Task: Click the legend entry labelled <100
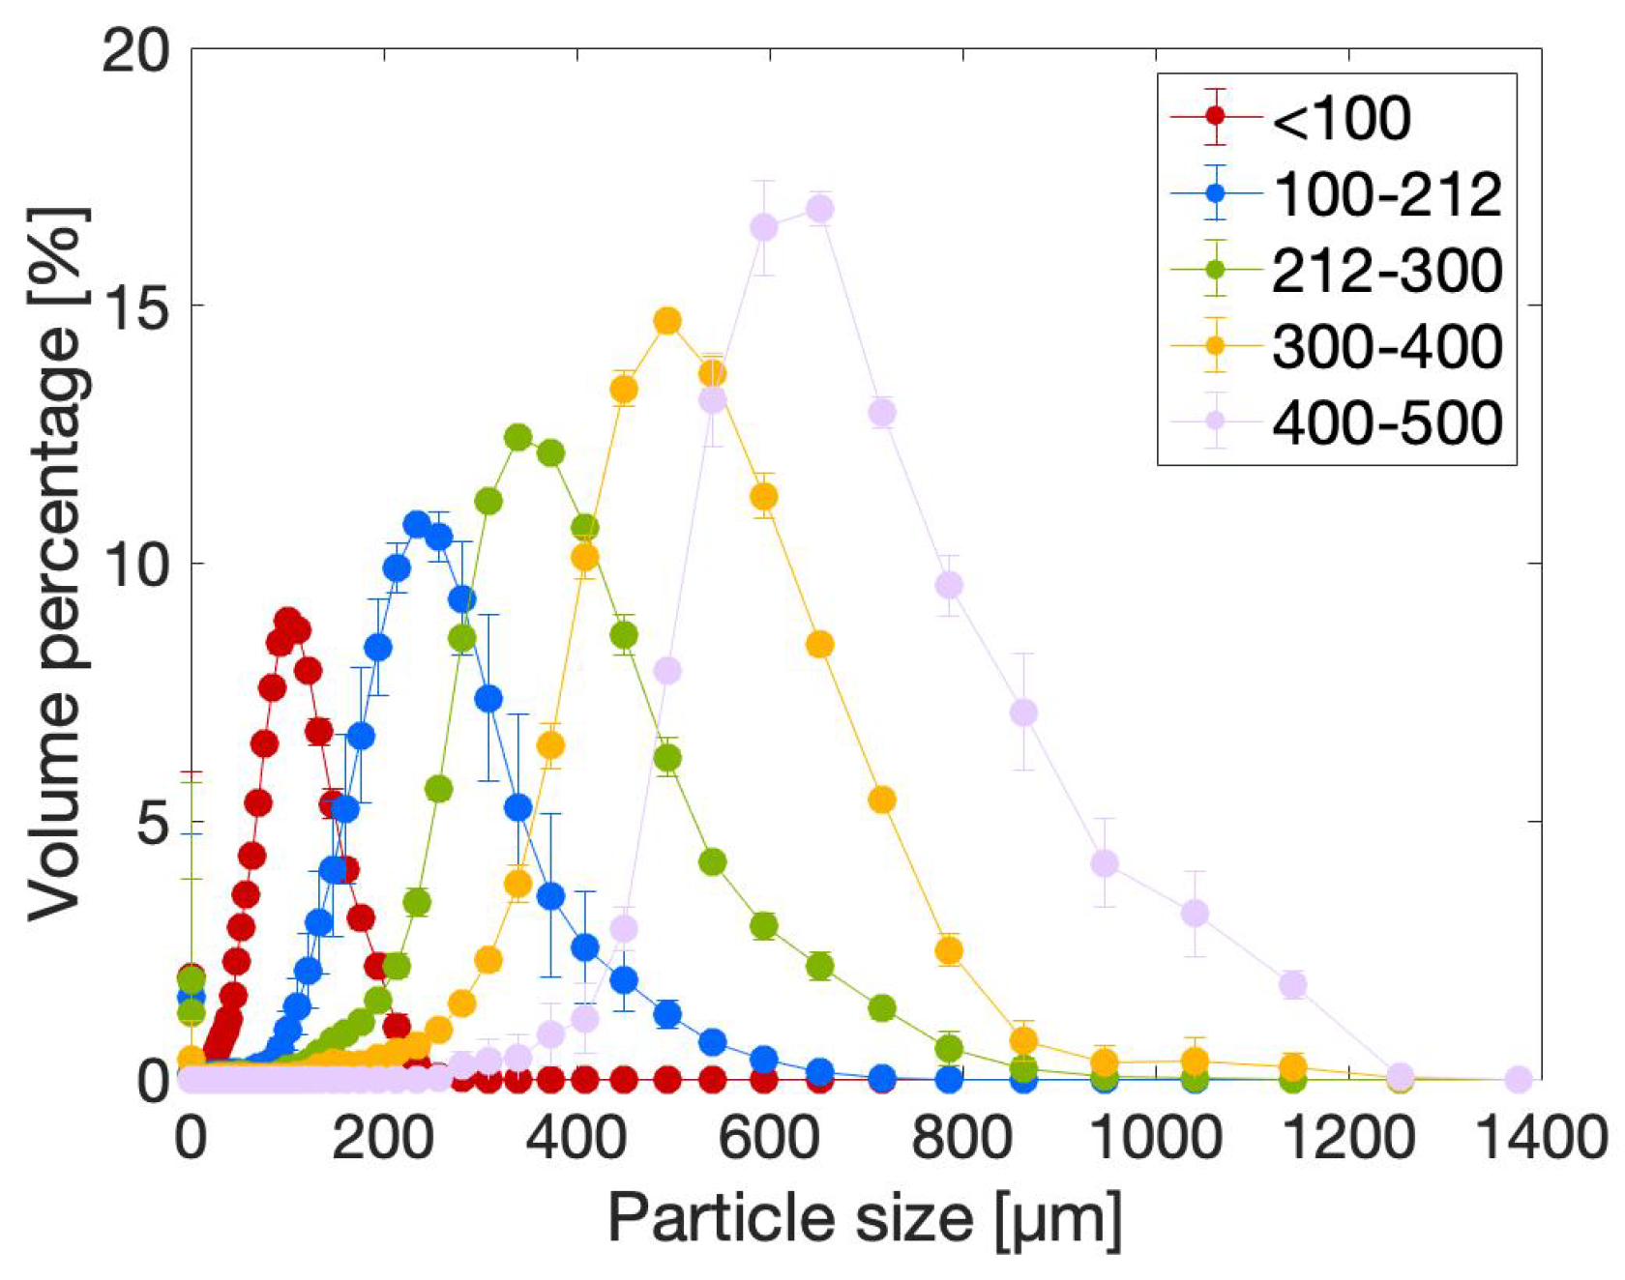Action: point(1341,118)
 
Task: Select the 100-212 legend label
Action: point(1387,194)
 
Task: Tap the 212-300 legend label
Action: point(1387,271)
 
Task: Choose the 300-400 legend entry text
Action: point(1387,346)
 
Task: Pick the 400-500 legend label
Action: point(1387,422)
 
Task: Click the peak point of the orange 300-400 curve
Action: point(667,321)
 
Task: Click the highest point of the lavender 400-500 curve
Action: point(820,209)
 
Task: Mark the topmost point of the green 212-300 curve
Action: point(518,437)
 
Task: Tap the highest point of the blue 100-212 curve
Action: point(417,525)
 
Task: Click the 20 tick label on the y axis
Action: point(135,50)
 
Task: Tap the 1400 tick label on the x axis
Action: point(1538,1138)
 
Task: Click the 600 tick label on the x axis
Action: point(769,1138)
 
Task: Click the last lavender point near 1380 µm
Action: point(1519,1079)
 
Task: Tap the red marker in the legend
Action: point(1216,117)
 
